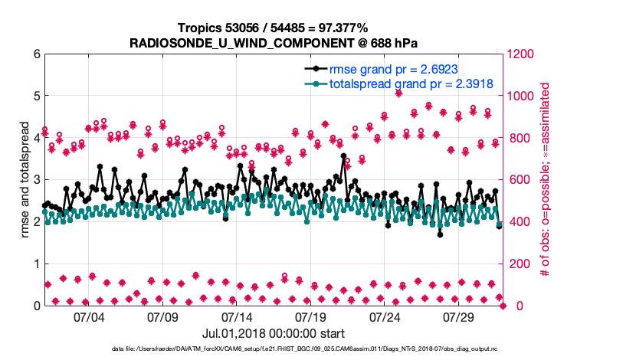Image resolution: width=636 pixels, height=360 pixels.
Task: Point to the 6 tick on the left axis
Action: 35,54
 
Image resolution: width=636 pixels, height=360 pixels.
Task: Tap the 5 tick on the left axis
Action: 35,97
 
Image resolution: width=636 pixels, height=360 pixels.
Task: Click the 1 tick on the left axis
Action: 35,263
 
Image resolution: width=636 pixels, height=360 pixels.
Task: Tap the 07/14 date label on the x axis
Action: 237,316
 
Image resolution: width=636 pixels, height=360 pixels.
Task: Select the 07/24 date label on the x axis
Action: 385,316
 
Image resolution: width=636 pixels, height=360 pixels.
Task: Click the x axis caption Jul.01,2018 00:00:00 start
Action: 273,333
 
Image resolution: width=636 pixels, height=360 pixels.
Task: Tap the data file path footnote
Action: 273,349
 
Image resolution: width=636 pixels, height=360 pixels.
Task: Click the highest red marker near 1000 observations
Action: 398,93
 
